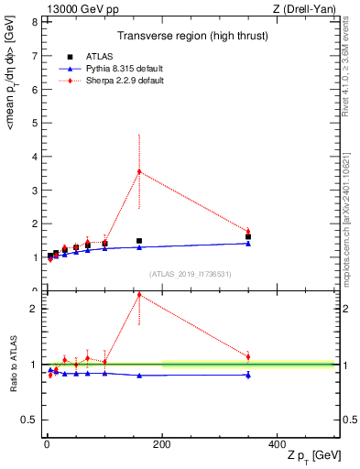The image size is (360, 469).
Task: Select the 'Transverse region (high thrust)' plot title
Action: coord(189,37)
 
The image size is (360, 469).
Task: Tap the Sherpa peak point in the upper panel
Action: coord(139,171)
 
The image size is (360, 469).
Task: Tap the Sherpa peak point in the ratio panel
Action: coord(139,295)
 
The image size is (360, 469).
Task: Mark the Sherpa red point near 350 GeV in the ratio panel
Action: coord(248,356)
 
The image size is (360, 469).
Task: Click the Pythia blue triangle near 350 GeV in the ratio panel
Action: coord(248,375)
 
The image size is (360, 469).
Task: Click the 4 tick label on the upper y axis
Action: coord(34,157)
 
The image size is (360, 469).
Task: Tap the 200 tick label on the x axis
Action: coord(162,444)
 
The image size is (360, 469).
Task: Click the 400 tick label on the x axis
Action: coord(277,444)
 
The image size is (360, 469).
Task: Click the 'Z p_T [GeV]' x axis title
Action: coord(309,458)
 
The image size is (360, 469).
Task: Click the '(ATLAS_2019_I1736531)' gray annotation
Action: coord(190,273)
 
